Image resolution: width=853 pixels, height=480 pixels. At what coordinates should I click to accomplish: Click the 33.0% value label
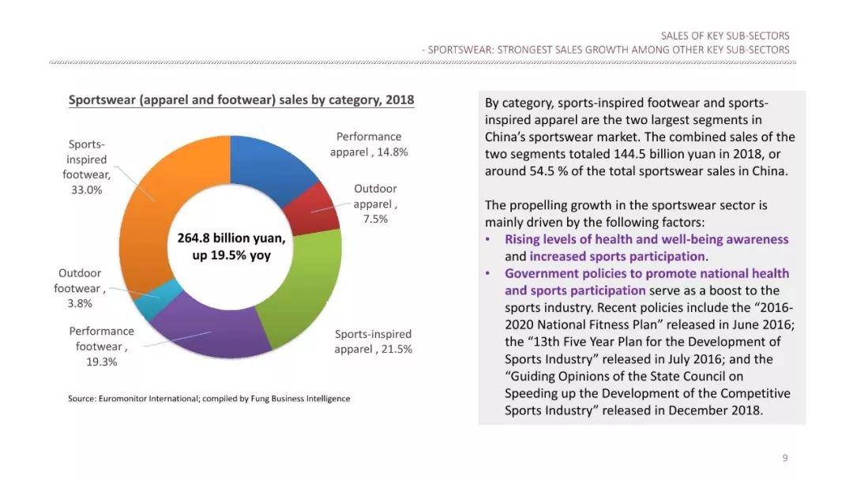coord(87,190)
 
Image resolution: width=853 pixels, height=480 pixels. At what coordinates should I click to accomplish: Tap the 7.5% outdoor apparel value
coord(375,219)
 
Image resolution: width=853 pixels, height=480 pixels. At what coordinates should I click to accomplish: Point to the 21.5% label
coord(395,349)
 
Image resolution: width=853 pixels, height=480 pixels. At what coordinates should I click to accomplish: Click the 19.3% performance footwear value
coord(102,362)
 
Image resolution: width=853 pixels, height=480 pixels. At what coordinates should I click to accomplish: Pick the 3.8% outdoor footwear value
coord(80,303)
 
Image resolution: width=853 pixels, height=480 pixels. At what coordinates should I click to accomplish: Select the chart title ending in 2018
coord(241,100)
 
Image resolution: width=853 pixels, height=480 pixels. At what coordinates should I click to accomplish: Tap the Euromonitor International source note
coord(209,399)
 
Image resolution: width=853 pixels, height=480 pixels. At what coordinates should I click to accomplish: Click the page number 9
coord(785,458)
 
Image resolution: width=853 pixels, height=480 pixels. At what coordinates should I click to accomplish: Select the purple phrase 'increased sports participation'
coord(617,257)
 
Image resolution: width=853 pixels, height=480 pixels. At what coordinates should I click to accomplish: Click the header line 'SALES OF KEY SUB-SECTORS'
coord(724,36)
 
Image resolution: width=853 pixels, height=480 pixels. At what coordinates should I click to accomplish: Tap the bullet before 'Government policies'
coord(489,274)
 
